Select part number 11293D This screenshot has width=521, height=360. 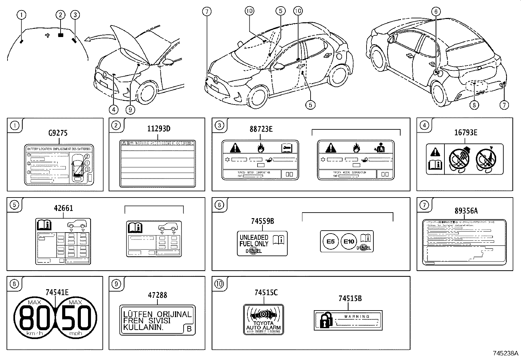(x=158, y=129)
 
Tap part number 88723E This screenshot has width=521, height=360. (x=261, y=129)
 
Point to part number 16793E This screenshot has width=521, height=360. (x=465, y=133)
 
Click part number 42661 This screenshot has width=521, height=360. (x=63, y=208)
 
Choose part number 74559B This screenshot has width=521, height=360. (x=262, y=221)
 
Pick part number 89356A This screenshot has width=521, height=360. (x=466, y=211)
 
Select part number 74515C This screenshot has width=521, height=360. (x=266, y=293)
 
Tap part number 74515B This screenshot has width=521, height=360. (x=350, y=298)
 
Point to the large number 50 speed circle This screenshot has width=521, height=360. (x=76, y=318)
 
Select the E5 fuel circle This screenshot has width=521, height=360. (x=331, y=242)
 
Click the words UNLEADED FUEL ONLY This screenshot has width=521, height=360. (x=254, y=240)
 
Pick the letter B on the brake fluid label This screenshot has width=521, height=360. (x=189, y=329)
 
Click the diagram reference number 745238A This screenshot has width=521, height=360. (x=506, y=353)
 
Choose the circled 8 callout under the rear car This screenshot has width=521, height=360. (x=474, y=105)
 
